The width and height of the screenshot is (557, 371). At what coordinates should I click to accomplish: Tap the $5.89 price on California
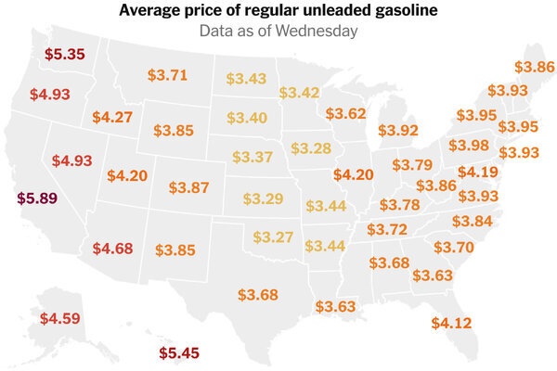(38, 198)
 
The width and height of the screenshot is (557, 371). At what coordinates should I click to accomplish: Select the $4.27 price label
(112, 118)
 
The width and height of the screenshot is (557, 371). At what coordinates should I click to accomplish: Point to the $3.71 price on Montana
(168, 74)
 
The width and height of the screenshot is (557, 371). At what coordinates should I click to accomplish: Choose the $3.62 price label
(346, 114)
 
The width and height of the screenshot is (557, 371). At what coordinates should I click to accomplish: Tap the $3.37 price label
(252, 155)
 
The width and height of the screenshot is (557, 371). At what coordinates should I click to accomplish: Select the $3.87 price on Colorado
(189, 187)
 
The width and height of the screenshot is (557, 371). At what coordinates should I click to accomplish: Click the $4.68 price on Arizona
(113, 248)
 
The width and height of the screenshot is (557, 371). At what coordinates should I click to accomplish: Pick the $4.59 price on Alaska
(60, 319)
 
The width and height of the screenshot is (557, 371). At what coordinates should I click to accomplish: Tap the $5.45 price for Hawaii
(178, 353)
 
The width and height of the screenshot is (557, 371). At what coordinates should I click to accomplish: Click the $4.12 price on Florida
(452, 323)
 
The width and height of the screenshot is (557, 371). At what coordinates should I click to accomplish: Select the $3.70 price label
(454, 248)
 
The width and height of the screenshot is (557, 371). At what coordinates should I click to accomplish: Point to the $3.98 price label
(469, 146)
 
